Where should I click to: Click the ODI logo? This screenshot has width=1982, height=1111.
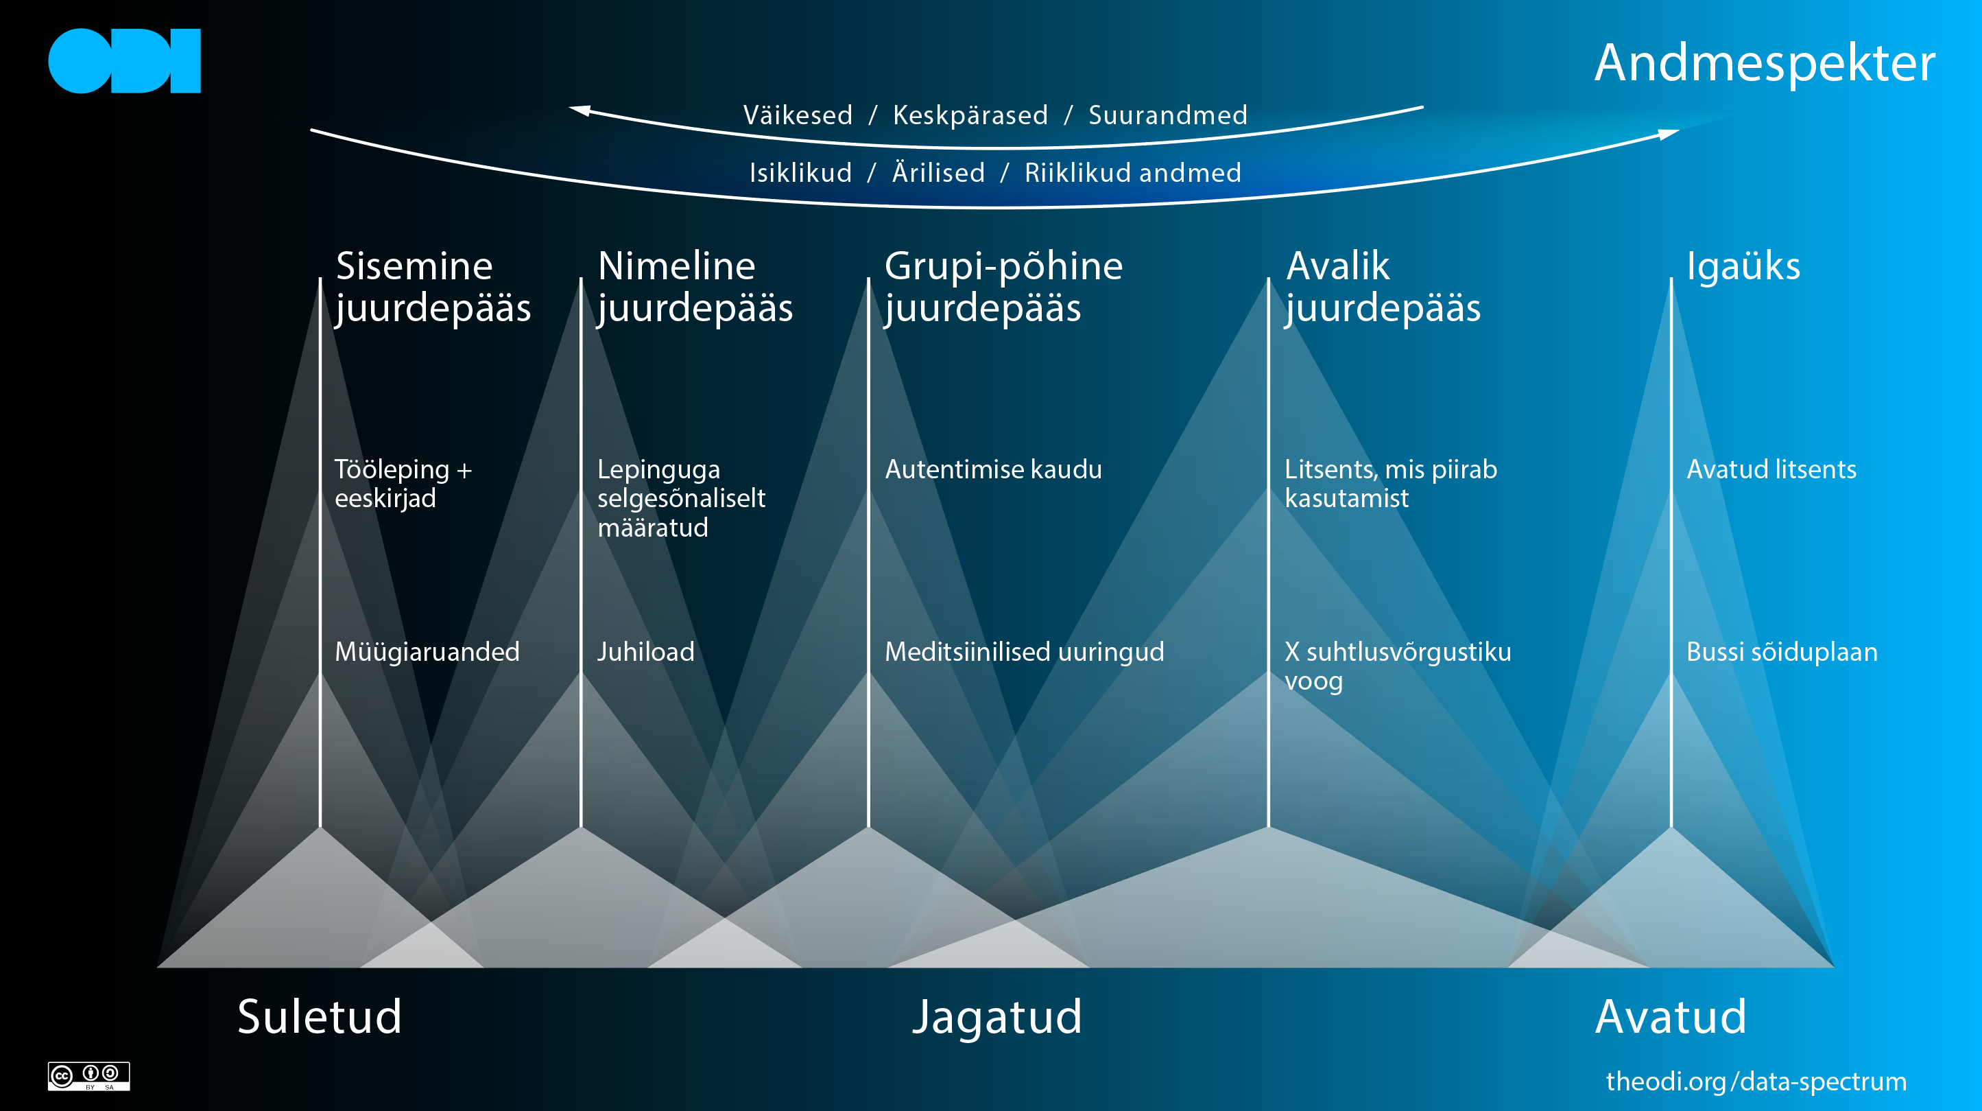pyautogui.click(x=124, y=61)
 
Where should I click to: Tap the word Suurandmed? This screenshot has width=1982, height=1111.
pyautogui.click(x=1167, y=115)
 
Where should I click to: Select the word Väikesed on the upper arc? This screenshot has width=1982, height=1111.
pyautogui.click(x=797, y=115)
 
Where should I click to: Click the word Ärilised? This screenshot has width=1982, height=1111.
pyautogui.click(x=938, y=172)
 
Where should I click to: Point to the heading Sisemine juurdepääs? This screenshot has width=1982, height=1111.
pyautogui.click(x=433, y=286)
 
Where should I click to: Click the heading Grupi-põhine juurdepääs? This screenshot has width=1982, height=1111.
pyautogui.click(x=1003, y=286)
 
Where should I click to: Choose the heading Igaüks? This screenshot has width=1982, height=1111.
pyautogui.click(x=1743, y=266)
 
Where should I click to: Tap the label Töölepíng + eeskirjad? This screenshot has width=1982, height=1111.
pyautogui.click(x=403, y=484)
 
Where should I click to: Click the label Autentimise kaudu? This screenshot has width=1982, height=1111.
pyautogui.click(x=992, y=469)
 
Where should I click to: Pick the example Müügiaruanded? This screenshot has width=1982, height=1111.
pyautogui.click(x=427, y=652)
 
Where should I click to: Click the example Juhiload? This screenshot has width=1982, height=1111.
pyautogui.click(x=645, y=652)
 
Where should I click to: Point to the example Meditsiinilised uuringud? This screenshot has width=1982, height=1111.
pyautogui.click(x=1024, y=652)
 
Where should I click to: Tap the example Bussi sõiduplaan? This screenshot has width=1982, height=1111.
pyautogui.click(x=1781, y=652)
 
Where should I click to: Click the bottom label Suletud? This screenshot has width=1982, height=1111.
pyautogui.click(x=320, y=1016)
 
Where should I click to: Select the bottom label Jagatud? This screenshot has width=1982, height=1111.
pyautogui.click(x=997, y=1016)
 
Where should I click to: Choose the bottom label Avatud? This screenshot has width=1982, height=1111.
pyautogui.click(x=1671, y=1016)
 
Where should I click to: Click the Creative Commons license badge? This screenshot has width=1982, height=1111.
pyautogui.click(x=88, y=1075)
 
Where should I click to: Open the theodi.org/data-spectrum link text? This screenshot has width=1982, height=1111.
pyautogui.click(x=1756, y=1081)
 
